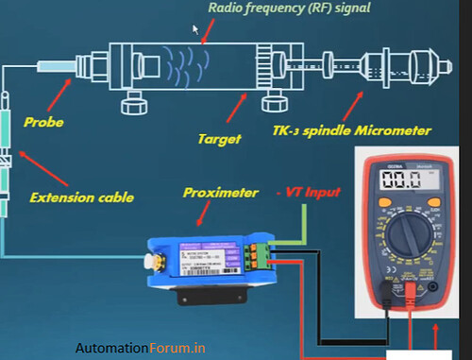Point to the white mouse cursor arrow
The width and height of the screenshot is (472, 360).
pyautogui.click(x=197, y=29)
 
